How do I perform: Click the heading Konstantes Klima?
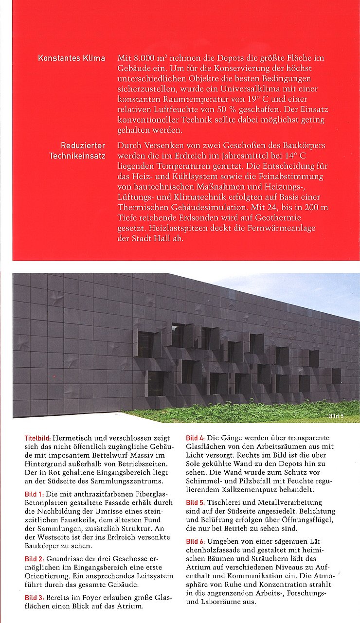point(72,58)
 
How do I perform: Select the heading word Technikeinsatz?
point(77,156)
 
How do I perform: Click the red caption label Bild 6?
point(196,541)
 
